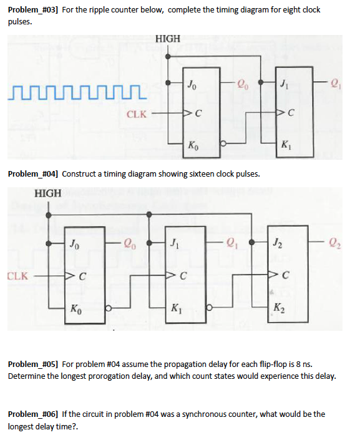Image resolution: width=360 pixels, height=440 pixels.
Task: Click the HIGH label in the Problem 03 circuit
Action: click(x=167, y=39)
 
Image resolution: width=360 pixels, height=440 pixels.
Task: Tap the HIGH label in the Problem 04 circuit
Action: click(x=49, y=193)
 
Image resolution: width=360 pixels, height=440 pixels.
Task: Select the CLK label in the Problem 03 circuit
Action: click(x=137, y=114)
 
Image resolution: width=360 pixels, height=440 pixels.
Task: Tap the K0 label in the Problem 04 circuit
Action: click(x=75, y=306)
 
